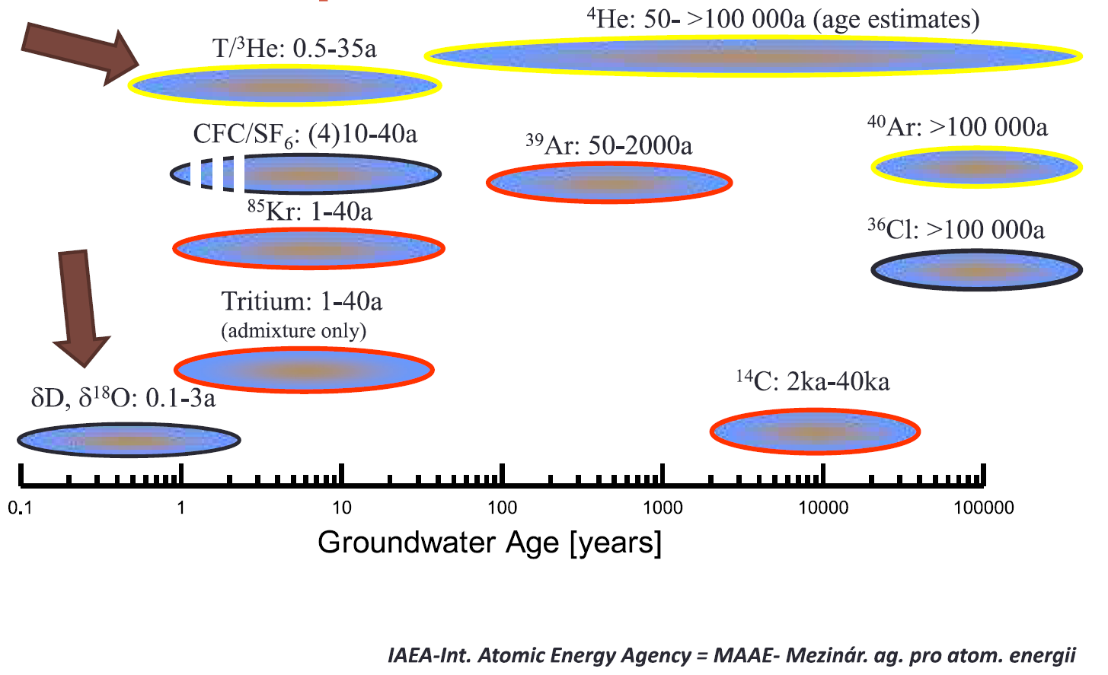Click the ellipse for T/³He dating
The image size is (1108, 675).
click(x=284, y=84)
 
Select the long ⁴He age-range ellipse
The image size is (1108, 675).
click(x=752, y=56)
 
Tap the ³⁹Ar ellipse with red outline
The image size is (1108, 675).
click(x=609, y=183)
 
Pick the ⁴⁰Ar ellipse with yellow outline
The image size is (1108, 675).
click(x=976, y=167)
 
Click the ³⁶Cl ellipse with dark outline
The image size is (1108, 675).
click(x=976, y=270)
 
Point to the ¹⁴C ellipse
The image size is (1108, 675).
click(x=815, y=431)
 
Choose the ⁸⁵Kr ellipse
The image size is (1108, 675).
click(x=308, y=247)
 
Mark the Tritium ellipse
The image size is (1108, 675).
click(x=304, y=370)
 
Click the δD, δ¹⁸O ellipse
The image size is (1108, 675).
click(x=129, y=440)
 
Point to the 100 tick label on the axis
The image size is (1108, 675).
click(x=502, y=508)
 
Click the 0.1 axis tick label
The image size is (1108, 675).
click(x=21, y=508)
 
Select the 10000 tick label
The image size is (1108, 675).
click(x=822, y=508)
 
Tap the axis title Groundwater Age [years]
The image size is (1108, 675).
click(x=490, y=543)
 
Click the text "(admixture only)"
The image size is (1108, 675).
click(x=294, y=331)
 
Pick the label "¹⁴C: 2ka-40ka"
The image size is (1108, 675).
click(x=813, y=380)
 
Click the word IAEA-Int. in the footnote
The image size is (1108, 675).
click(x=430, y=655)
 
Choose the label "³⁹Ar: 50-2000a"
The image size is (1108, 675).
click(x=608, y=144)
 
